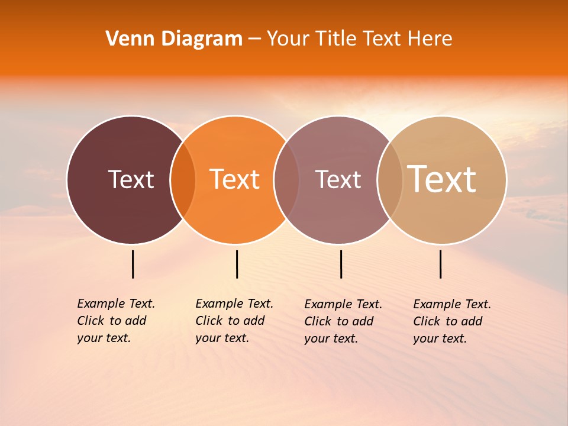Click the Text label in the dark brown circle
point(131,179)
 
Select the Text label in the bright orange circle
point(234,179)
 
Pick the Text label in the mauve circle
point(338,179)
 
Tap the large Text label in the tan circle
point(441,179)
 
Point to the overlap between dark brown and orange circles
point(183,179)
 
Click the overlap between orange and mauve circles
point(286,179)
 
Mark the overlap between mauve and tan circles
point(390,179)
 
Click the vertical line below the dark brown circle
point(133,264)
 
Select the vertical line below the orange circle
point(237,264)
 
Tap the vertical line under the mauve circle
point(341,264)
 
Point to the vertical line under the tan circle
point(440,264)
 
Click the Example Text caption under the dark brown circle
point(115,321)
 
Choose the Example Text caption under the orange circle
point(234,321)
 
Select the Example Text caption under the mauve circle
point(343,321)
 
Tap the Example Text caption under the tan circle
point(451,321)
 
